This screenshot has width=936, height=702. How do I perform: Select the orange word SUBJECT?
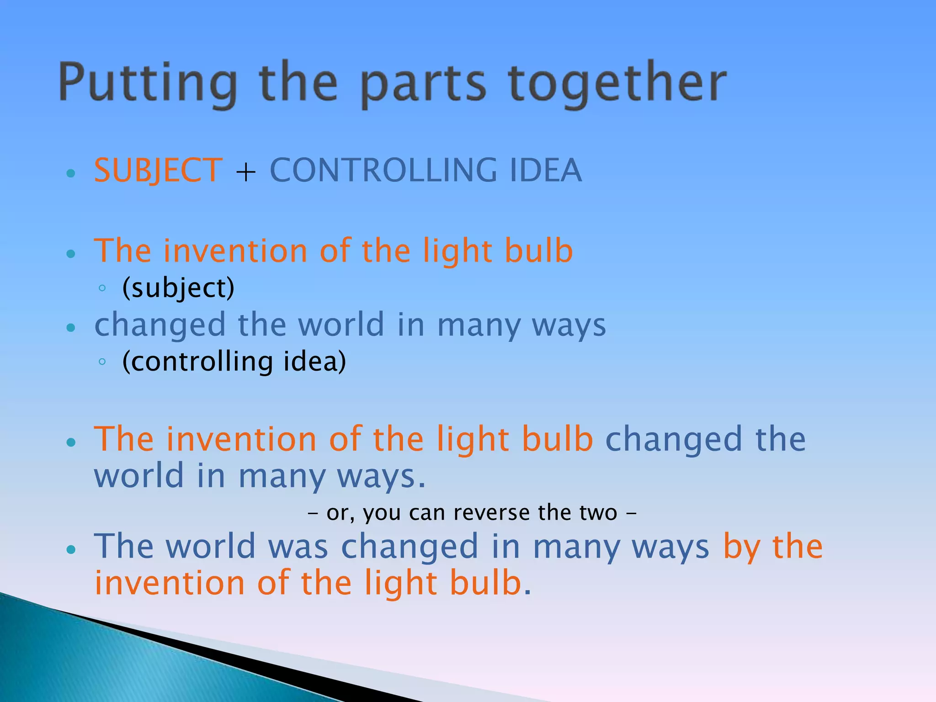pyautogui.click(x=158, y=170)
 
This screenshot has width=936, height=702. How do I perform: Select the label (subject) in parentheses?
pyautogui.click(x=178, y=288)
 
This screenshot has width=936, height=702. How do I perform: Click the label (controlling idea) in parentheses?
pyautogui.click(x=234, y=362)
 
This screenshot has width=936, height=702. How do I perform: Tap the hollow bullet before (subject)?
pyautogui.click(x=102, y=288)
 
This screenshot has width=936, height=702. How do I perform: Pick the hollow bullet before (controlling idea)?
pyautogui.click(x=102, y=362)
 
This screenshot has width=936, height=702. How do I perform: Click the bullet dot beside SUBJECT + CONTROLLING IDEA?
pyautogui.click(x=70, y=173)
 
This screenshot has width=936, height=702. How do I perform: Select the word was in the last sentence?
pyautogui.click(x=298, y=547)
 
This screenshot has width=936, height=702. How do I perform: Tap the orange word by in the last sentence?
pyautogui.click(x=741, y=548)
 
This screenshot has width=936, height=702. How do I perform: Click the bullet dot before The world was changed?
pyautogui.click(x=70, y=550)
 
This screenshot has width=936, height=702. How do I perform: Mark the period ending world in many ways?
pyautogui.click(x=421, y=486)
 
